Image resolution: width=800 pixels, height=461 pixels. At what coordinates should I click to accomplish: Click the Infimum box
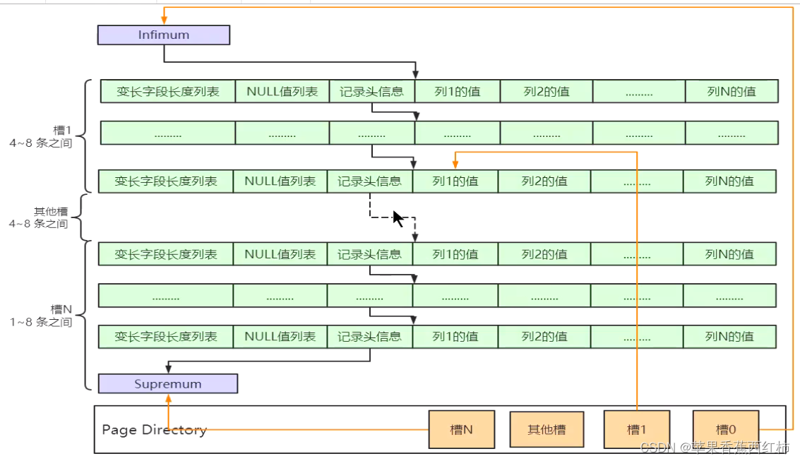pos(164,35)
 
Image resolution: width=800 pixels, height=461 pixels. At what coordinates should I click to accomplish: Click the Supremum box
pos(168,384)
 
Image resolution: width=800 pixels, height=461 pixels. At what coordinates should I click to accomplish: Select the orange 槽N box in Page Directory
pos(461,429)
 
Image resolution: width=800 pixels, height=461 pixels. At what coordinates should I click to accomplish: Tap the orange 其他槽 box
pos(547,429)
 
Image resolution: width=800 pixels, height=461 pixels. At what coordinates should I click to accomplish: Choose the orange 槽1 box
pos(637,429)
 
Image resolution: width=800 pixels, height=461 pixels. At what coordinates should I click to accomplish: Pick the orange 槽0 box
pos(726,429)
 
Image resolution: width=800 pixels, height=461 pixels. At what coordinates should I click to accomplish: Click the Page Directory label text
pos(154,429)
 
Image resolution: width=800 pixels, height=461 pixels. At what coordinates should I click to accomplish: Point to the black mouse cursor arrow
pos(398,218)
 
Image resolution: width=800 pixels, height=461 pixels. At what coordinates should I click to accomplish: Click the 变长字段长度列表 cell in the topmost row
pos(168,91)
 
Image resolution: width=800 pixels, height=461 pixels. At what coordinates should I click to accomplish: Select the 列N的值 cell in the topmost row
pos(732,91)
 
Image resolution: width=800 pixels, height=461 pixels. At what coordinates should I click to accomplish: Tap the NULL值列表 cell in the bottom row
pos(280,336)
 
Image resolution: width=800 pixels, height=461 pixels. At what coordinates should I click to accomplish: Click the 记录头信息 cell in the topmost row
pos(371,91)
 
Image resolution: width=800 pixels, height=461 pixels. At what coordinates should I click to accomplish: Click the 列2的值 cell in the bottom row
pos(544,336)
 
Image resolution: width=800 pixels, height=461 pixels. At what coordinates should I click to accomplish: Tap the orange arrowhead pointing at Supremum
pos(169,399)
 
